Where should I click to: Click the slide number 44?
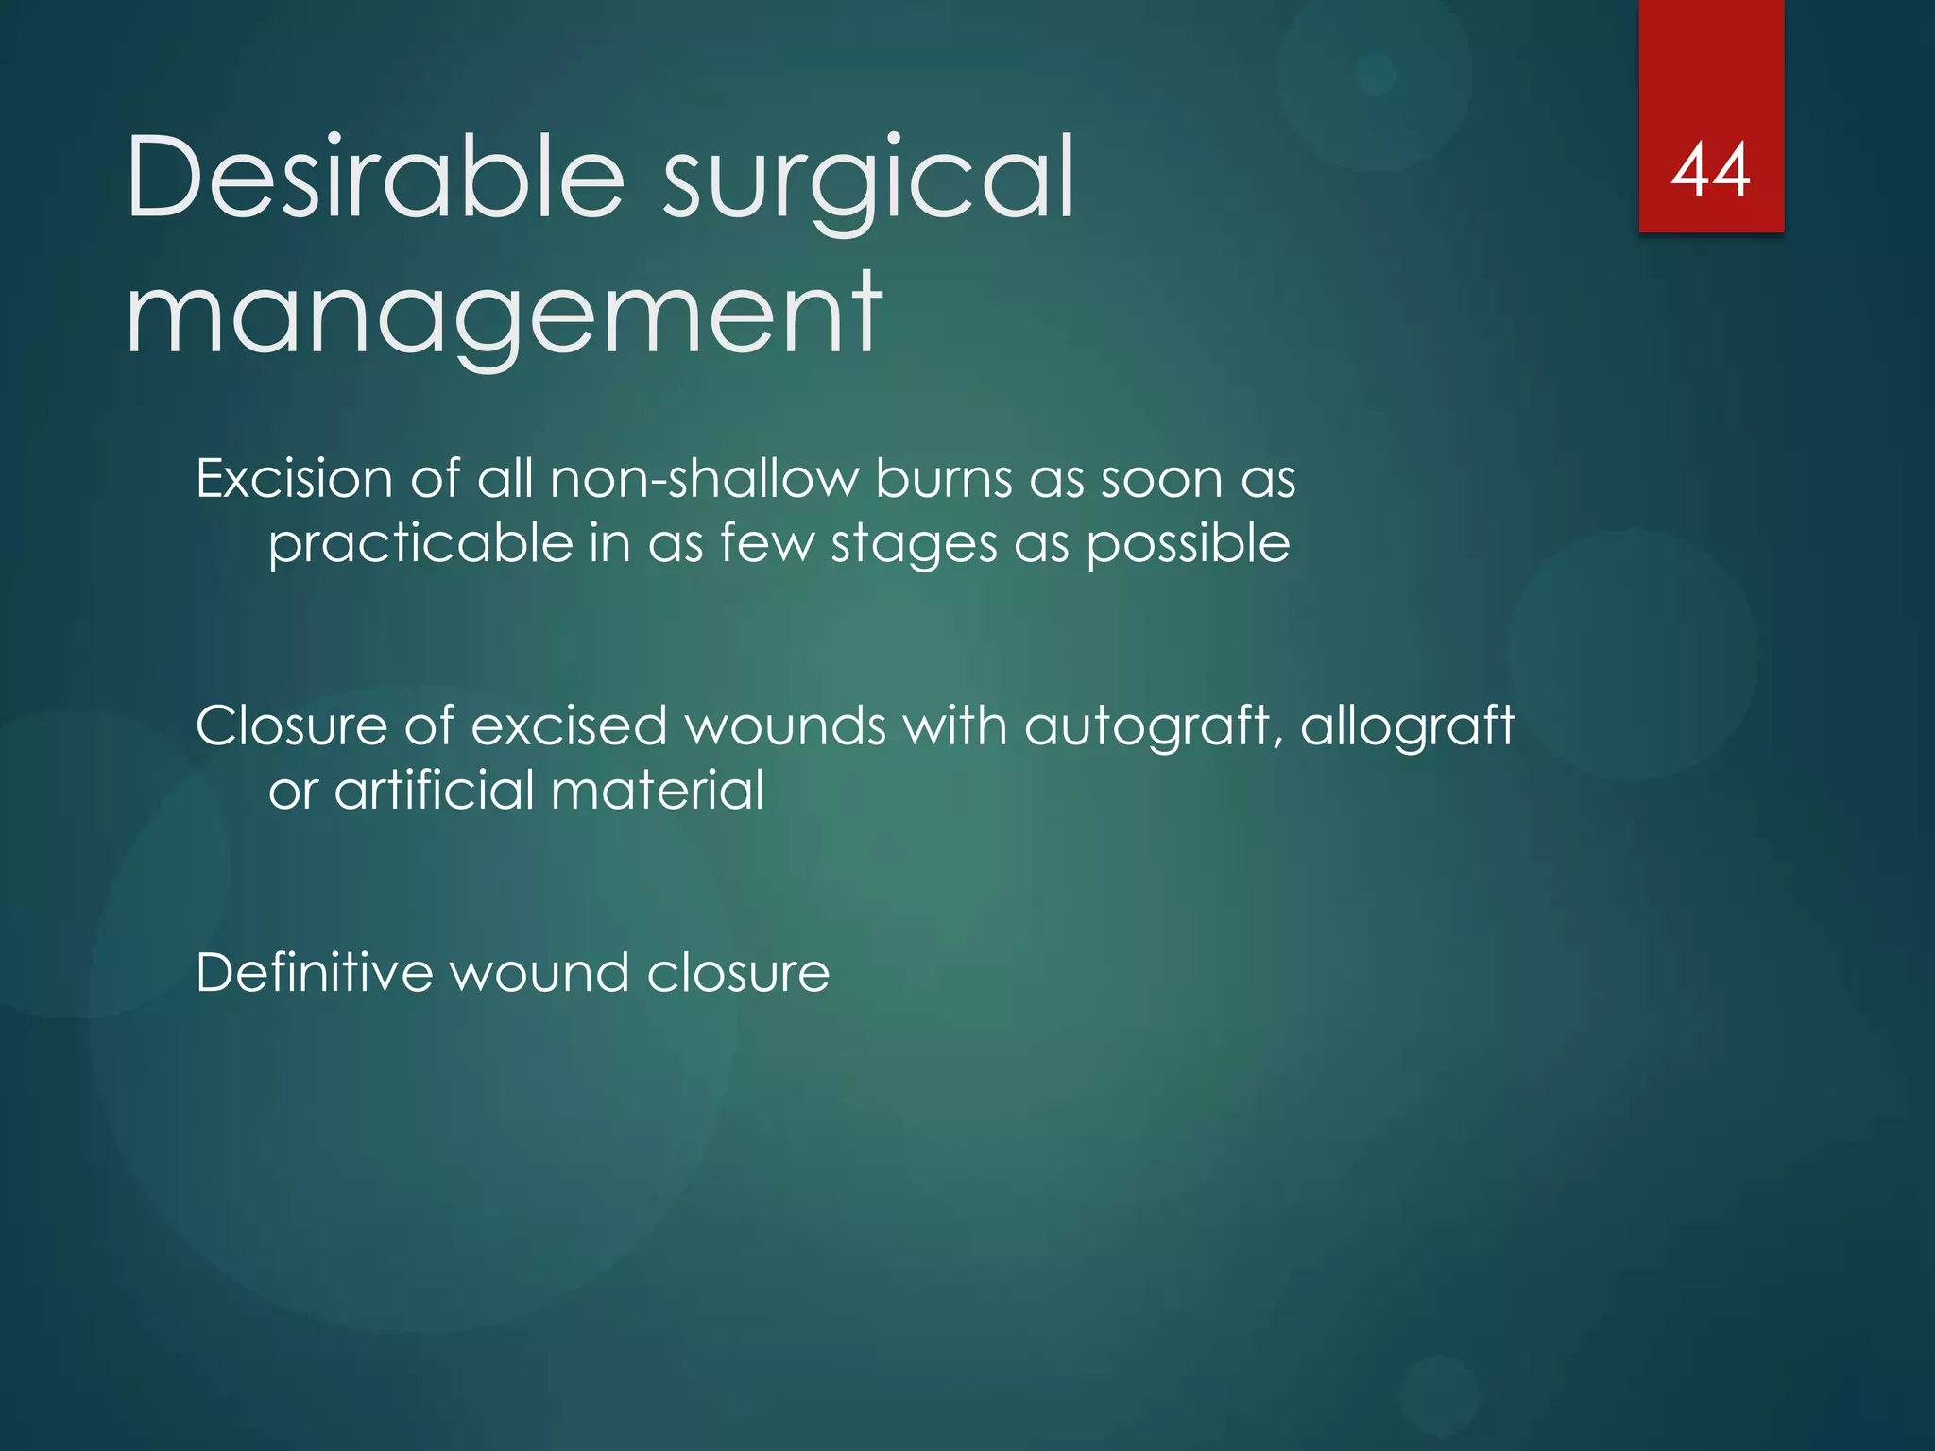(1710, 171)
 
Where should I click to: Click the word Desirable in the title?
(375, 177)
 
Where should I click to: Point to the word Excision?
(294, 479)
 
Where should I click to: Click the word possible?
(1188, 545)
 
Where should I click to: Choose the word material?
(657, 791)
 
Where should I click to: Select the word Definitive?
(313, 973)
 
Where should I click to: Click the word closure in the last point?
(738, 973)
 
